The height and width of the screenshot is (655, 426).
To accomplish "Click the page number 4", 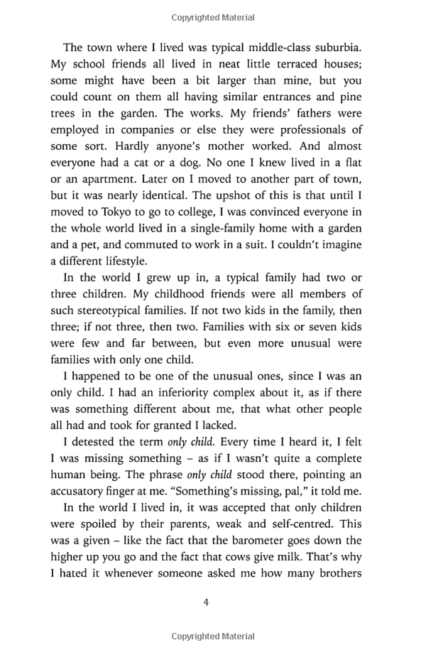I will click(206, 602).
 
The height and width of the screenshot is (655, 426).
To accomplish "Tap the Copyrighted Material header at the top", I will click(213, 13).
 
